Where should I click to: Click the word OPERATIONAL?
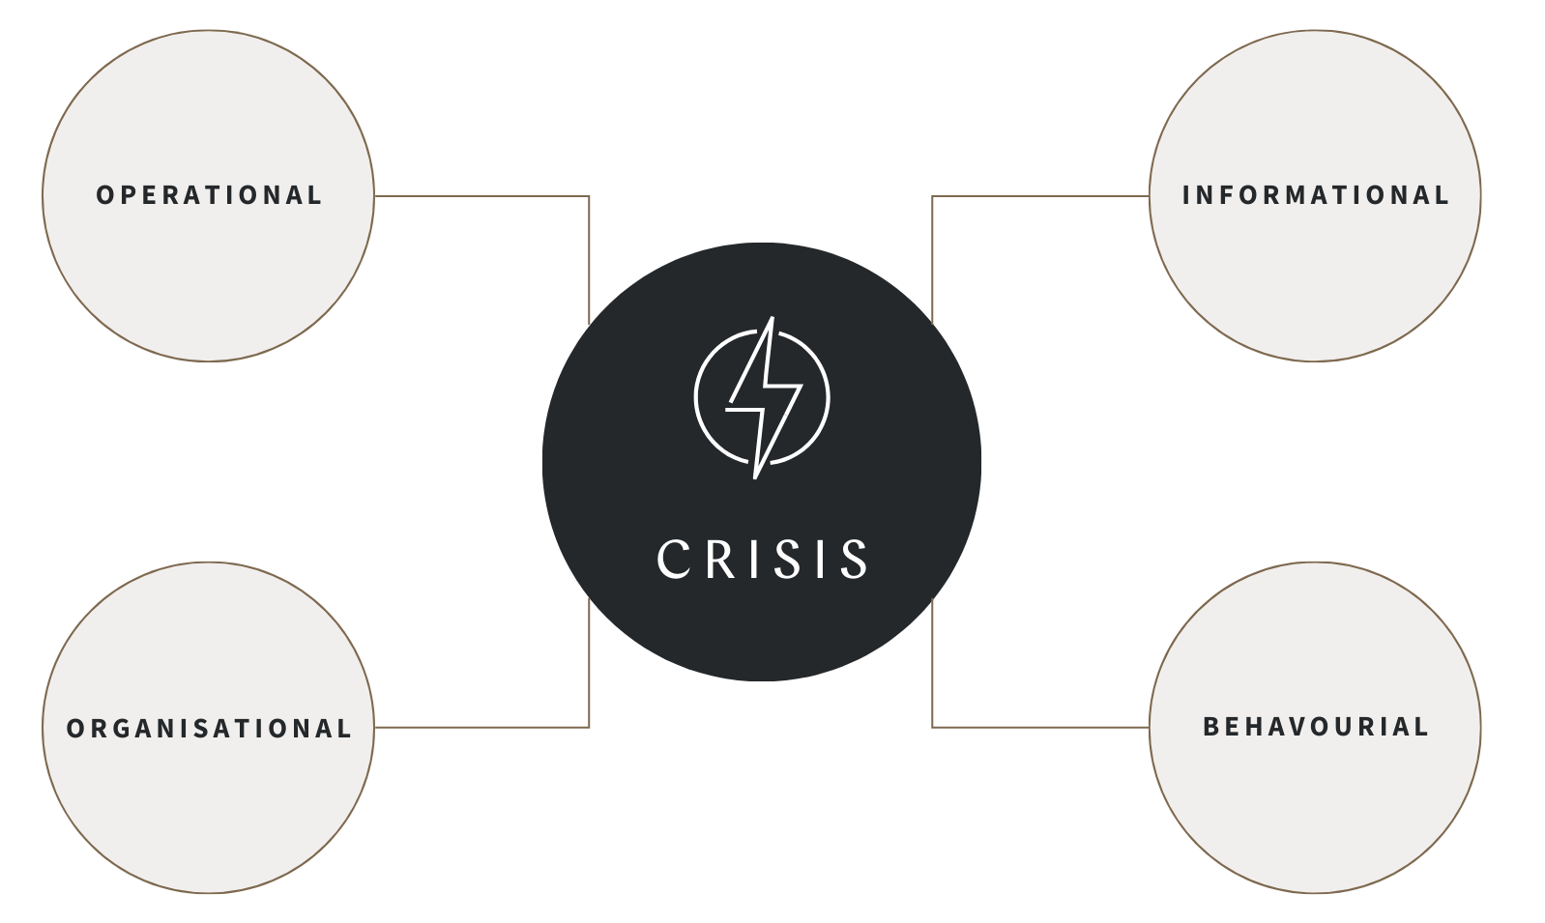[x=209, y=195]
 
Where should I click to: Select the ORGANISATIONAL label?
[x=209, y=728]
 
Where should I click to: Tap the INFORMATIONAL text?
[x=1315, y=195]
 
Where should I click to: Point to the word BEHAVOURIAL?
[x=1315, y=727]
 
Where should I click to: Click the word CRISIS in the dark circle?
[x=762, y=559]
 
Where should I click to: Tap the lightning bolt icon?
[x=763, y=397]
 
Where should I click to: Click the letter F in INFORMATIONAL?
[x=1229, y=195]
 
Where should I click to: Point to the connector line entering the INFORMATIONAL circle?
[x=1040, y=196]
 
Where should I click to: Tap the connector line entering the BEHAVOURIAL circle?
[x=1040, y=727]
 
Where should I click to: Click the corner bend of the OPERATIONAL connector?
[x=589, y=196]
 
